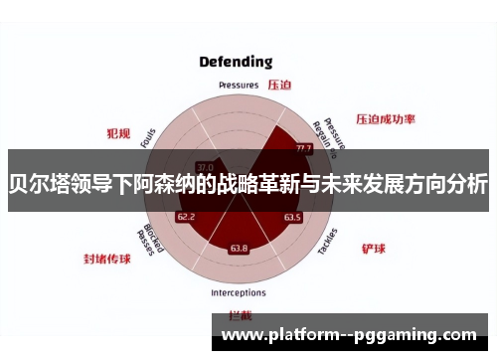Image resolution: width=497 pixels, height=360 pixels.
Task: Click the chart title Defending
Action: (x=235, y=62)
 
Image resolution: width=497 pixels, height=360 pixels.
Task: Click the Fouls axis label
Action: (x=148, y=139)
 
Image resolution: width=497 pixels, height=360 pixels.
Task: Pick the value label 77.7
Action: (x=303, y=148)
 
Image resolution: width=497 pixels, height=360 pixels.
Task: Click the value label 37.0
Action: (x=205, y=166)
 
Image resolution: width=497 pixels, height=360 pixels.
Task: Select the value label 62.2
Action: (x=186, y=216)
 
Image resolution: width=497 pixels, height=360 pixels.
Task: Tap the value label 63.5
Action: (x=291, y=216)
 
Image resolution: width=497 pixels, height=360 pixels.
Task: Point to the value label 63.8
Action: (x=239, y=248)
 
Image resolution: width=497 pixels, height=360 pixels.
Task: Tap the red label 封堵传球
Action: (x=107, y=259)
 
